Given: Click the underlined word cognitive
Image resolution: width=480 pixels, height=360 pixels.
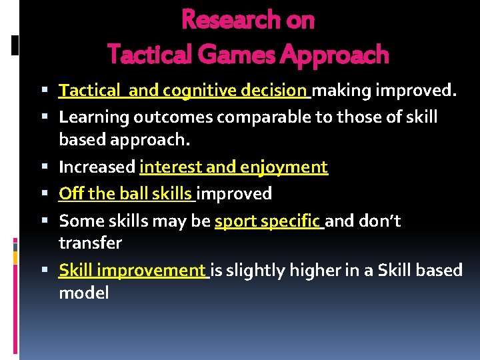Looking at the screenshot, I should (x=195, y=90).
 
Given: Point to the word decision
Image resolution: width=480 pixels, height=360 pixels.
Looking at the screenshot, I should (x=274, y=90).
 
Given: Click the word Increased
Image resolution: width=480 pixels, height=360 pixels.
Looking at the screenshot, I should (x=97, y=167).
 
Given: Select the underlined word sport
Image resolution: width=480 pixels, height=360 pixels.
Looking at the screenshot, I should (x=238, y=221).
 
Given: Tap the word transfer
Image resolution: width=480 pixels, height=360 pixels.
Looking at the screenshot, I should (x=90, y=243).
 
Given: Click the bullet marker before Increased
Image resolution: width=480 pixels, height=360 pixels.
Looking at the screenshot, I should (x=50, y=167).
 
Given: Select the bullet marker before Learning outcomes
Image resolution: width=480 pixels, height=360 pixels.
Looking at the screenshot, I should (x=50, y=118).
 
